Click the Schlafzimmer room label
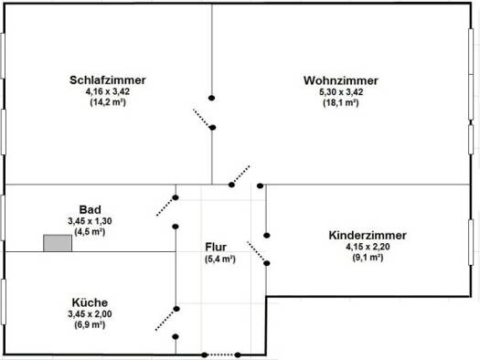[x=108, y=80]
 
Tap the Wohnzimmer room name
[x=341, y=80]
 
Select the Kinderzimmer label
[x=368, y=236]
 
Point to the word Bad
[x=90, y=210]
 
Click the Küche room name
[x=90, y=302]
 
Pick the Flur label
[x=216, y=247]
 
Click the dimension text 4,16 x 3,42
[x=108, y=91]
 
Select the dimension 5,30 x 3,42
[x=341, y=92]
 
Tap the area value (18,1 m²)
[x=341, y=102]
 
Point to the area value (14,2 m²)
[x=108, y=102]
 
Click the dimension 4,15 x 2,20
[x=368, y=247]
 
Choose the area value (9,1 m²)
[x=368, y=258]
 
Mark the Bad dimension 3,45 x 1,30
[x=90, y=221]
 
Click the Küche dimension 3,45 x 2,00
[x=90, y=314]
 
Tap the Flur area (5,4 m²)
[x=220, y=259]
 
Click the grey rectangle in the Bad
[x=58, y=243]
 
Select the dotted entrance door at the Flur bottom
[x=221, y=355]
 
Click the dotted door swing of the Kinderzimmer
[x=257, y=252]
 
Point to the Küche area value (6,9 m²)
[x=90, y=325]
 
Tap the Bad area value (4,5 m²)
[x=90, y=232]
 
